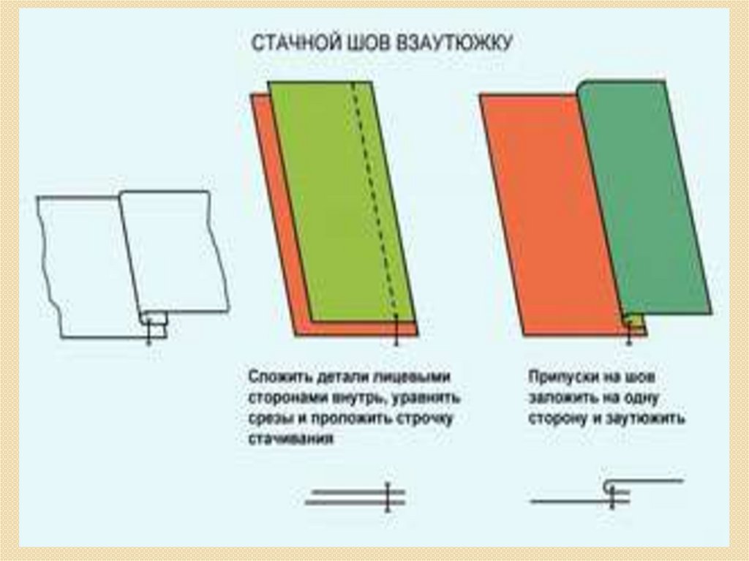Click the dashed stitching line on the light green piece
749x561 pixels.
pyautogui.click(x=375, y=200)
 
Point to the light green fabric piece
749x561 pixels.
pyautogui.click(x=341, y=200)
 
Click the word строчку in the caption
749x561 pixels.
pyautogui.click(x=425, y=419)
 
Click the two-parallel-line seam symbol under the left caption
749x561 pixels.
pyautogui.click(x=355, y=497)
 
